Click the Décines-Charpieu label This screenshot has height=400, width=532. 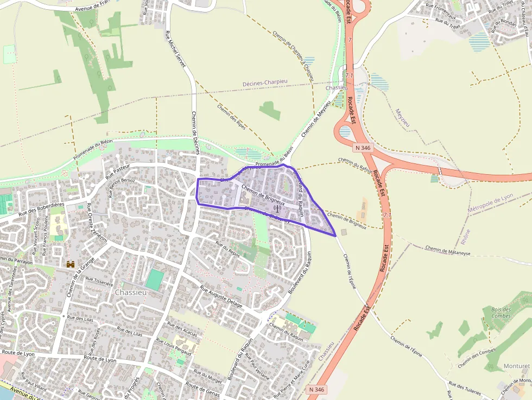[x=265, y=82]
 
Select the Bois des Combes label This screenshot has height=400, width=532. [x=501, y=313]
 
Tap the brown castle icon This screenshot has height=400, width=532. [x=71, y=264]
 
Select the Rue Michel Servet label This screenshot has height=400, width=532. [x=175, y=49]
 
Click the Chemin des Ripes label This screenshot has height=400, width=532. [x=231, y=117]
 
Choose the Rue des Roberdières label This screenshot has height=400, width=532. [x=41, y=209]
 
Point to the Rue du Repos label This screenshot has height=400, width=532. [x=227, y=249]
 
